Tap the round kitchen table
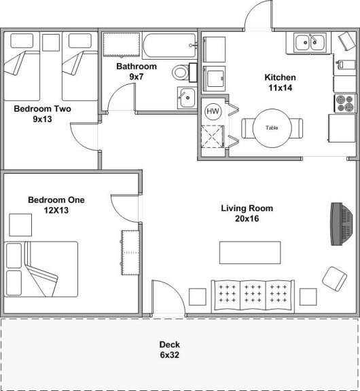click(x=272, y=128)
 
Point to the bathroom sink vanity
click(x=186, y=98)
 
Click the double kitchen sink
click(x=310, y=43)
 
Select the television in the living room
click(x=338, y=223)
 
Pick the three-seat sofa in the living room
click(x=253, y=293)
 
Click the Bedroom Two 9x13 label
click(x=42, y=113)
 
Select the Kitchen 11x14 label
click(x=280, y=82)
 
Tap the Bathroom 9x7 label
click(x=136, y=71)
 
